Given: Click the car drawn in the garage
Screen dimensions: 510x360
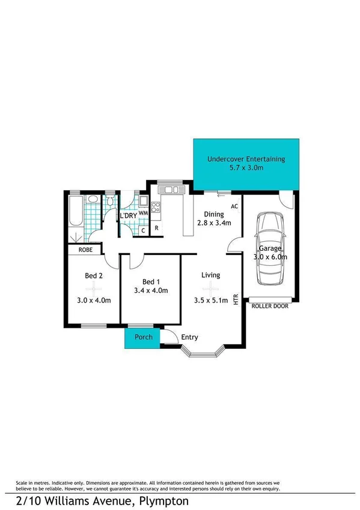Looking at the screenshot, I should [x=270, y=248].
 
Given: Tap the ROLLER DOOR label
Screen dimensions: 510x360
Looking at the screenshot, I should [x=270, y=306].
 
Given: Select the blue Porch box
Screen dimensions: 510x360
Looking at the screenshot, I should [x=143, y=337].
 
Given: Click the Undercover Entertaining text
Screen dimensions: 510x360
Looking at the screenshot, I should [x=245, y=159].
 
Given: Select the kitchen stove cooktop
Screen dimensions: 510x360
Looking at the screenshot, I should [x=154, y=208].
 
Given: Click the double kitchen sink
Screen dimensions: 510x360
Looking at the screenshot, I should [x=170, y=190].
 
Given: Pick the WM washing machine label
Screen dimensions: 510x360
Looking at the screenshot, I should [x=143, y=213].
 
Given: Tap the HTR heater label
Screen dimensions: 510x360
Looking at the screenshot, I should [x=236, y=299].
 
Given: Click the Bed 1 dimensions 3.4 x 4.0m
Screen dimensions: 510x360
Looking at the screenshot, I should [x=151, y=290].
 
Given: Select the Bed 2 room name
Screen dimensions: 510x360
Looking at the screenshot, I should [x=93, y=276].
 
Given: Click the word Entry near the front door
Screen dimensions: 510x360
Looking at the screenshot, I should [x=189, y=337].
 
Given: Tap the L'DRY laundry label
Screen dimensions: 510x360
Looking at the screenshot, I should [x=127, y=215].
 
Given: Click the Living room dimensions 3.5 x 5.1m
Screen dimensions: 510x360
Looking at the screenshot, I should [x=211, y=301].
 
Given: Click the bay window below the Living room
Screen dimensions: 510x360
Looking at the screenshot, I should [x=204, y=351].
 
